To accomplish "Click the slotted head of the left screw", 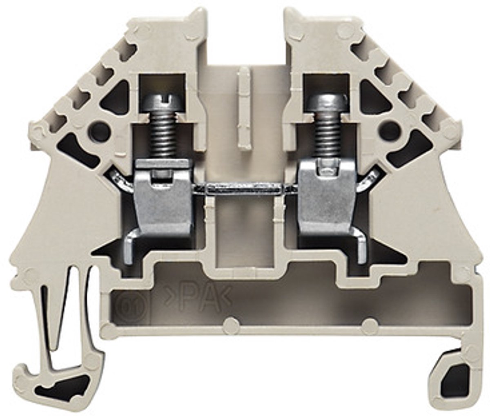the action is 163,104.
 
